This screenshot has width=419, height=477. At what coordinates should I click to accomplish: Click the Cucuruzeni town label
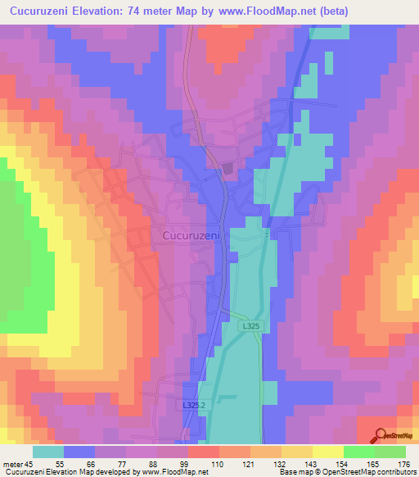(186, 235)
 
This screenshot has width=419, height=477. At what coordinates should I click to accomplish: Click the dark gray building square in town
(228, 169)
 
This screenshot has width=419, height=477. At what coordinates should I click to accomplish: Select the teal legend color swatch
(48, 452)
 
